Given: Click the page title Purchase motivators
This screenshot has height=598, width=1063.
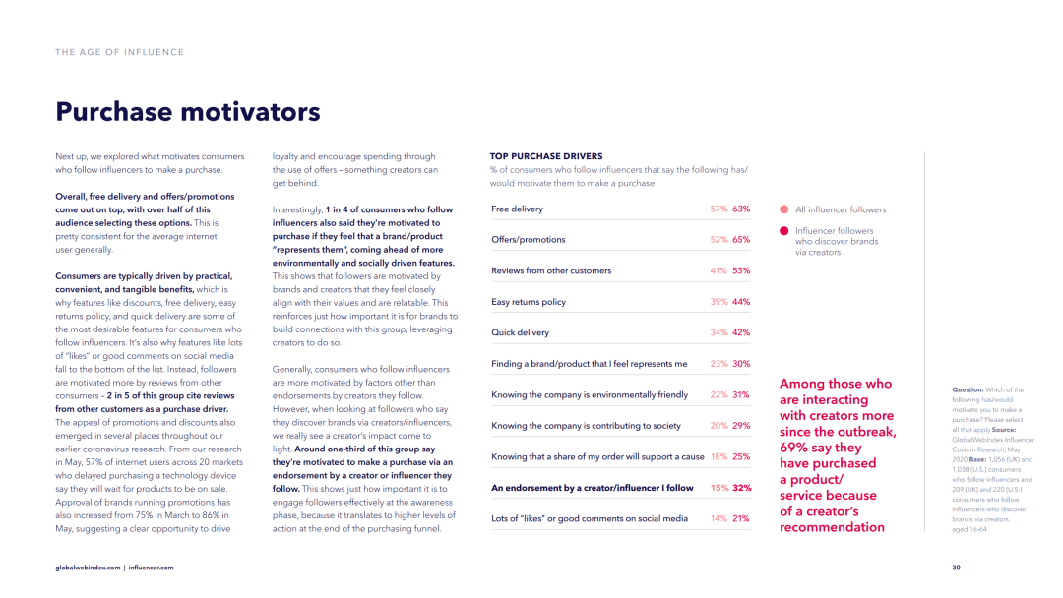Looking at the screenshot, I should [188, 112].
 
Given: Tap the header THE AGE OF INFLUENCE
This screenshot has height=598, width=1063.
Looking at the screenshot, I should [119, 52].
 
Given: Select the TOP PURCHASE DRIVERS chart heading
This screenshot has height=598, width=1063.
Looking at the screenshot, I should [545, 156].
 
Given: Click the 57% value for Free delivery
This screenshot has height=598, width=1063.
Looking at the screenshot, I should [719, 209].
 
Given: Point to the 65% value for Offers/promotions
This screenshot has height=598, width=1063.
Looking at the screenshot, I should [741, 240].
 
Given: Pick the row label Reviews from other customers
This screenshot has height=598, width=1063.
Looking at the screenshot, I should [551, 270].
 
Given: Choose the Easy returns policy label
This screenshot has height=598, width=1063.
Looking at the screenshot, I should [529, 302].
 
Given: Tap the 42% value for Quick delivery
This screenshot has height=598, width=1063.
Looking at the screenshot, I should [741, 332].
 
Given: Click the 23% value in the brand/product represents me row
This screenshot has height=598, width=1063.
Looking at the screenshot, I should [719, 364].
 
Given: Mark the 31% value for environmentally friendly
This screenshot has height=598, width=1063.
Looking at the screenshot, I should [741, 395].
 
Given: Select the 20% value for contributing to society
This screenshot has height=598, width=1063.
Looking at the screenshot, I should [719, 426].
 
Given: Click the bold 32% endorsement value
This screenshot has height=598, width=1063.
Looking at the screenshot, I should [741, 488].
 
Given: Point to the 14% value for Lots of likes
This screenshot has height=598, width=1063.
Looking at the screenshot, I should [719, 518].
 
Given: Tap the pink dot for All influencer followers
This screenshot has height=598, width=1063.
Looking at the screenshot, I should [784, 209].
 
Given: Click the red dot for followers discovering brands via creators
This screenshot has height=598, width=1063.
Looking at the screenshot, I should [784, 231].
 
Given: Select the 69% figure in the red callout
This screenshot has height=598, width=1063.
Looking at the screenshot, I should [793, 448].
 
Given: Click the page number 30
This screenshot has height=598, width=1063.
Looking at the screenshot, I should [956, 568].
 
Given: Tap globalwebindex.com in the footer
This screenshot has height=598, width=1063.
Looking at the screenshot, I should [88, 568].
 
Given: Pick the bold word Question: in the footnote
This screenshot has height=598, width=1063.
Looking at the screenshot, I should [969, 390].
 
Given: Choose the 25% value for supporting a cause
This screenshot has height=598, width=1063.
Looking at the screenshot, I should [741, 457].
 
